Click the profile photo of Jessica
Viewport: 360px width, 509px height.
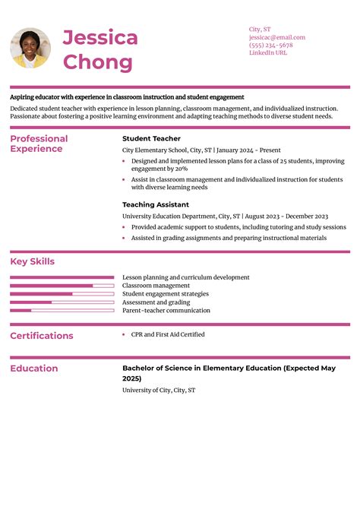pyautogui.click(x=30, y=48)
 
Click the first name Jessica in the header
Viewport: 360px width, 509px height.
pyautogui.click(x=99, y=38)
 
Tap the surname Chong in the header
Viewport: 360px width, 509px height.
pyautogui.click(x=97, y=62)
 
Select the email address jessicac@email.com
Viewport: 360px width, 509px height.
pyautogui.click(x=276, y=37)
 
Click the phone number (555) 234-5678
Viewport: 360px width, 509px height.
pyautogui.click(x=270, y=45)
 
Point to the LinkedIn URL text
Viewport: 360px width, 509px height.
pyautogui.click(x=268, y=53)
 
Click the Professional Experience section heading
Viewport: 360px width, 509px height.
pyautogui.click(x=39, y=144)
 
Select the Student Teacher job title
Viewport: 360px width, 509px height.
pyautogui.click(x=151, y=139)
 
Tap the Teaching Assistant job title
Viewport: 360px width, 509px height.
pyautogui.click(x=156, y=204)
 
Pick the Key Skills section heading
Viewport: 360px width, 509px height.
pyautogui.click(x=33, y=261)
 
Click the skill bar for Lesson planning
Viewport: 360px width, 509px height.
pyautogui.click(x=62, y=278)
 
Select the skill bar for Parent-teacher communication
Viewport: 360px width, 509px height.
pyautogui.click(x=62, y=311)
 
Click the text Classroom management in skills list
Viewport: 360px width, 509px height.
pyautogui.click(x=156, y=286)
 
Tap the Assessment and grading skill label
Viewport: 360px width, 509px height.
pyautogui.click(x=156, y=302)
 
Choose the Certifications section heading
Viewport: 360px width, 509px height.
pyautogui.click(x=42, y=336)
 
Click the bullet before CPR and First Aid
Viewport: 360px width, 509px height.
pyautogui.click(x=124, y=334)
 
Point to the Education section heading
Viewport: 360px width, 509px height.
pyautogui.click(x=34, y=368)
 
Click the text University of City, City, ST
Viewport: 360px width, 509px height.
pyautogui.click(x=159, y=390)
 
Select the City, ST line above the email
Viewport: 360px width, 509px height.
pyautogui.click(x=260, y=29)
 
